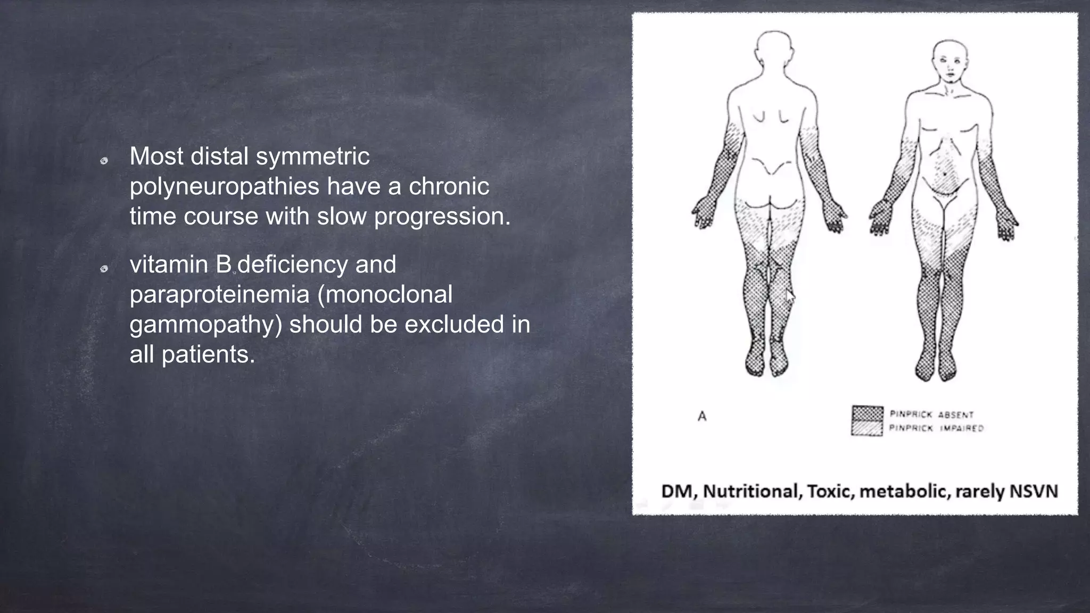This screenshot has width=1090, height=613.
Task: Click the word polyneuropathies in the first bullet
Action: [x=224, y=187]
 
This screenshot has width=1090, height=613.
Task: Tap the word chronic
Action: [x=449, y=186]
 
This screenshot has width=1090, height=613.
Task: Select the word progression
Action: [x=442, y=217]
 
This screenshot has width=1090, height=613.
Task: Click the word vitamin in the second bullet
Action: [x=169, y=264]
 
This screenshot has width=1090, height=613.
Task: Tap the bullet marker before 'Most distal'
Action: [x=104, y=161]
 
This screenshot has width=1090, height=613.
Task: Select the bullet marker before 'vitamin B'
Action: [x=104, y=269]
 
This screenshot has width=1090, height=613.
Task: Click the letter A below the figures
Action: [x=702, y=417]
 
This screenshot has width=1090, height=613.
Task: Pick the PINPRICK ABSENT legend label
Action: [x=931, y=415]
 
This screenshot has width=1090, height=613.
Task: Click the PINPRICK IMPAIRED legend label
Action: [x=936, y=428]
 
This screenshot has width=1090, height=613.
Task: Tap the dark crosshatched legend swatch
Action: [x=867, y=413]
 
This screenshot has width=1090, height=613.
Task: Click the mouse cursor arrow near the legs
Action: [x=790, y=296]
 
